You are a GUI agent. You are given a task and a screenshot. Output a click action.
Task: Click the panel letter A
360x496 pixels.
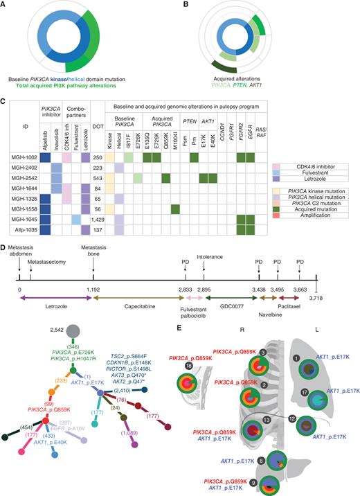point(4,5)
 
